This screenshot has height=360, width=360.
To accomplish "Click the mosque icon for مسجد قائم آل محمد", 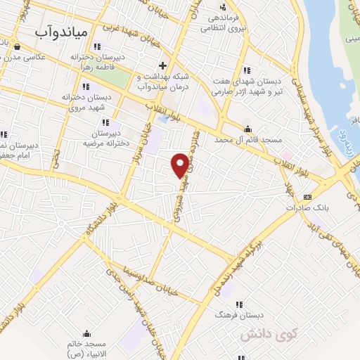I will pyautogui.click(x=247, y=129).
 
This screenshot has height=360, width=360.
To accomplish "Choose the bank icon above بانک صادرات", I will pyautogui.click(x=307, y=197).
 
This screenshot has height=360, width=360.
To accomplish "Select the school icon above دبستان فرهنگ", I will pyautogui.click(x=239, y=304).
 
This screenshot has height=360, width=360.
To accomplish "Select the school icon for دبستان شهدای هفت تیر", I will pyautogui.click(x=247, y=70).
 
